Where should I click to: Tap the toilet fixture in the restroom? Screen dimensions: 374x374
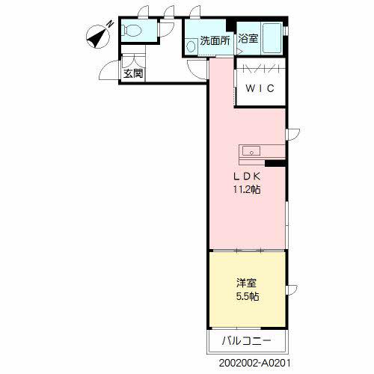click(x=132, y=31)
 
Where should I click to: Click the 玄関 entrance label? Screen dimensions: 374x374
click(x=134, y=74)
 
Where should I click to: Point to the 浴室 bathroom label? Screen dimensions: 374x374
click(x=248, y=39)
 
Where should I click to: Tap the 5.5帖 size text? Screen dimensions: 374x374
click(x=245, y=296)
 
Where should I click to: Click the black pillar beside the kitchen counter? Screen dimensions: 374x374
click(x=275, y=162)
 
